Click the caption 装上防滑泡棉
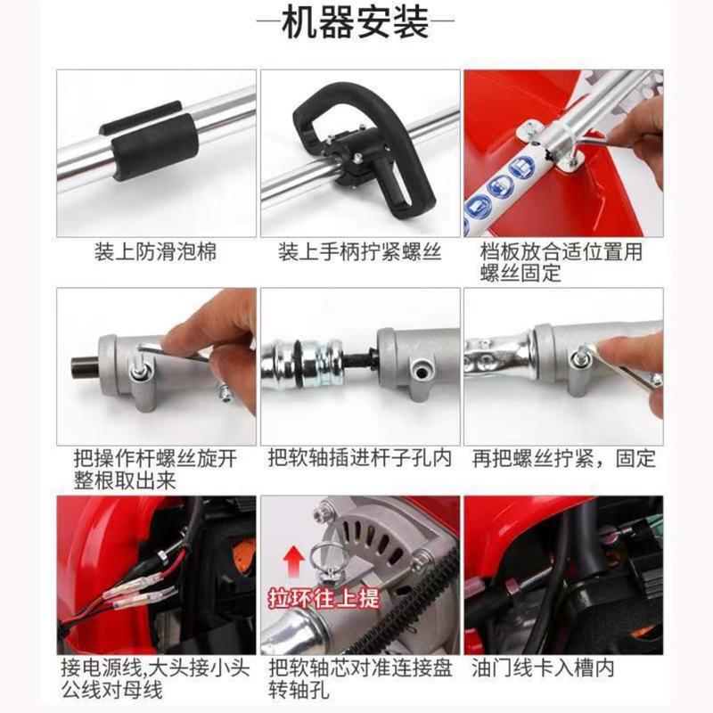click(x=155, y=252)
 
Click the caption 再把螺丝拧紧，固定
click(x=563, y=459)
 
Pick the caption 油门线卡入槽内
click(x=544, y=667)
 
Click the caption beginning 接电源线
click(x=155, y=677)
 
